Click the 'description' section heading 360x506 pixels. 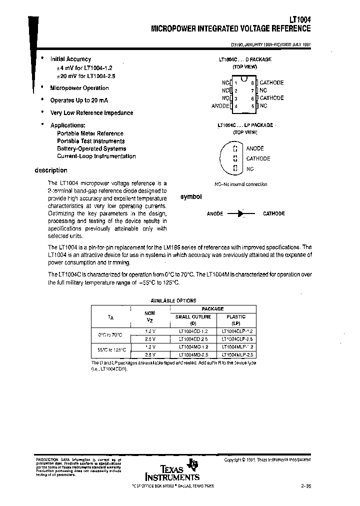click(50, 170)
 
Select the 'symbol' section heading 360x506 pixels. click(190, 197)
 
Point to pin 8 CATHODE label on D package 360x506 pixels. click(271, 82)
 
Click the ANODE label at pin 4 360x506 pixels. click(220, 106)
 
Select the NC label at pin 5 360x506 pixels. click(263, 106)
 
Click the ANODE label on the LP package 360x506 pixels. click(255, 148)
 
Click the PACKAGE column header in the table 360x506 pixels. click(212, 309)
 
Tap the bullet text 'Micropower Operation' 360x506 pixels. click(79, 88)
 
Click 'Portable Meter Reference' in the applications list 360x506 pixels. click(90, 133)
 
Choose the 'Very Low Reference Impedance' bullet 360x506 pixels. click(91, 112)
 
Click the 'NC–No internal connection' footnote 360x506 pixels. click(240, 184)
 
